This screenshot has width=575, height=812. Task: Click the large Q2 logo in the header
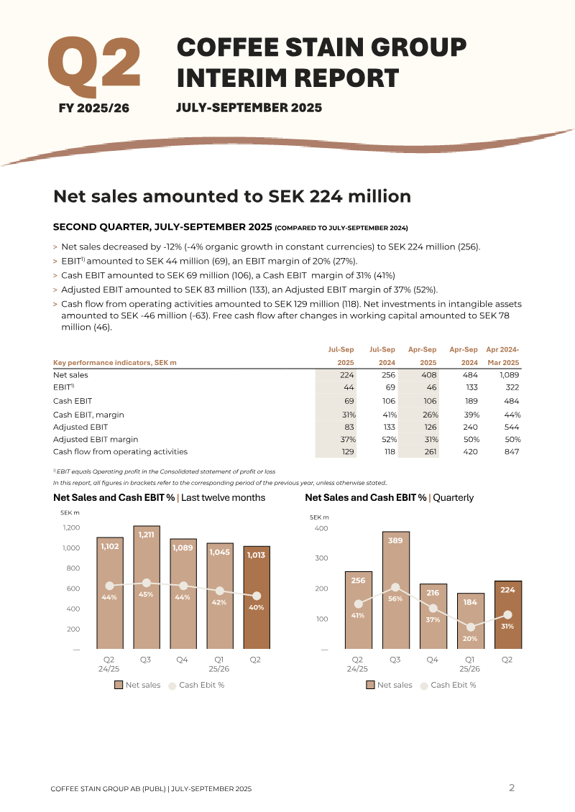click(93, 66)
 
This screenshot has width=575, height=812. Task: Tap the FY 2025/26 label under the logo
click(93, 109)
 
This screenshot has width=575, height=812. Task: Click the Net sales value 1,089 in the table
click(509, 375)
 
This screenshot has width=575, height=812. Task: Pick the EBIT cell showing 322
click(512, 387)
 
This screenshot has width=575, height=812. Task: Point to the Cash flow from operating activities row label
click(120, 451)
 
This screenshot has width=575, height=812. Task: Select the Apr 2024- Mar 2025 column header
click(502, 356)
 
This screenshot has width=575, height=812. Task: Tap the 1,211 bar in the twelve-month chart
click(147, 587)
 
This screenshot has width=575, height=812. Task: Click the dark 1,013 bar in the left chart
click(257, 598)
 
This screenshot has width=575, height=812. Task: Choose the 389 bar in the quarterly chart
click(396, 591)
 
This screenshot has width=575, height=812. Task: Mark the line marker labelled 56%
click(395, 587)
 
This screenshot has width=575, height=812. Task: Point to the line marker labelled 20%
click(470, 627)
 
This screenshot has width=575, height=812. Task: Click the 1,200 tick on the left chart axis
click(71, 527)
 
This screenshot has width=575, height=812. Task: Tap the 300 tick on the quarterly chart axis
click(322, 558)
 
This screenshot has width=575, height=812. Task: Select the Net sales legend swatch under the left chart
click(119, 685)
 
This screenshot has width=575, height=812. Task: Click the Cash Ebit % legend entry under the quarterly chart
click(448, 685)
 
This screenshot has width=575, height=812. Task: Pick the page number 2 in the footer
click(512, 788)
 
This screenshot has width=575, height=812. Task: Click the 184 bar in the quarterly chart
click(470, 621)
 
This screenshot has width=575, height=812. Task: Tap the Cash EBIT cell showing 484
click(512, 401)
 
